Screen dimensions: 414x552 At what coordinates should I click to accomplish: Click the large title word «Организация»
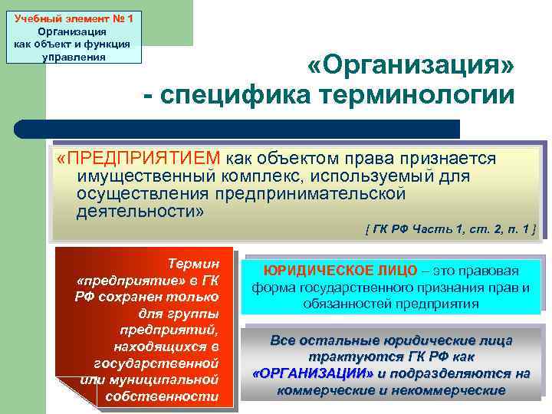[x=411, y=67]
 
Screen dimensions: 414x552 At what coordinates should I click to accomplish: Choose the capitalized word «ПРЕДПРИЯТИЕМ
[x=139, y=159]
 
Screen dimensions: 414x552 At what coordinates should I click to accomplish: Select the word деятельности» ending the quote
[x=140, y=210]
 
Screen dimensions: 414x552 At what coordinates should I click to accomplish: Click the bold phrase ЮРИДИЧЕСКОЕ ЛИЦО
[x=341, y=271]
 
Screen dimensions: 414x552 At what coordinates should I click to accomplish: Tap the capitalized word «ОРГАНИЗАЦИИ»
[x=312, y=373]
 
